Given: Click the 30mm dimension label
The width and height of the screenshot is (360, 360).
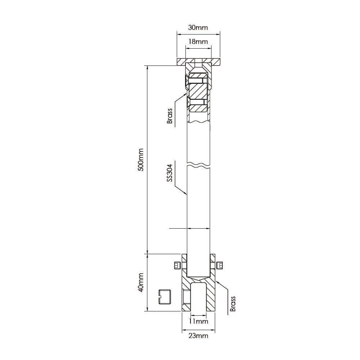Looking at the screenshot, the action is click(x=198, y=28).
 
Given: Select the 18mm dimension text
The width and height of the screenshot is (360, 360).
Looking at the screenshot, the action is click(x=198, y=42).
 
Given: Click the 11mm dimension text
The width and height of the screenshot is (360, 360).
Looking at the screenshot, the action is click(x=199, y=321).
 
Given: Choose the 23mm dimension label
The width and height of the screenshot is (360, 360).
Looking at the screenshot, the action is click(x=198, y=336).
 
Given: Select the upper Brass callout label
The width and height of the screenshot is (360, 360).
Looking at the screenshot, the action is click(x=170, y=116).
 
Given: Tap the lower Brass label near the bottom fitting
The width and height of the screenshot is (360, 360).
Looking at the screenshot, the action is click(x=233, y=303).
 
